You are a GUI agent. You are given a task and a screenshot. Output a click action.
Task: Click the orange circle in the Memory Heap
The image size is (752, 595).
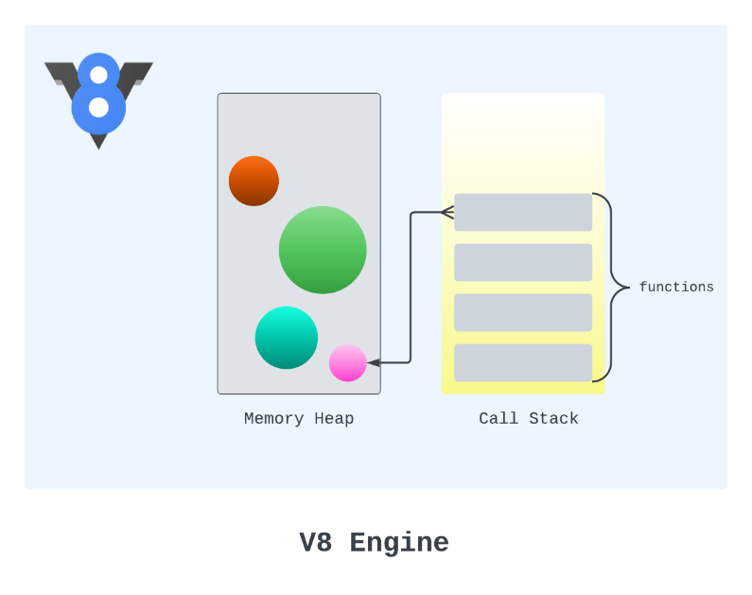pyautogui.click(x=254, y=181)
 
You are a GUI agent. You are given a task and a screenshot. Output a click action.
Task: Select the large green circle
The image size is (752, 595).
pyautogui.click(x=323, y=250)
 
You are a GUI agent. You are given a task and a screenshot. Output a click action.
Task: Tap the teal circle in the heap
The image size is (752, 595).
pyautogui.click(x=287, y=338)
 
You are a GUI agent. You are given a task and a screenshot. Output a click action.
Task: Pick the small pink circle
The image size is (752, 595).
pyautogui.click(x=348, y=363)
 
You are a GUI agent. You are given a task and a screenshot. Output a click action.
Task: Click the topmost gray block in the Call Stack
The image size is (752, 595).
pyautogui.click(x=523, y=213)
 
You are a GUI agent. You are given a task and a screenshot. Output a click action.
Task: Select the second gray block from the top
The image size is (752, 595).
pyautogui.click(x=523, y=262)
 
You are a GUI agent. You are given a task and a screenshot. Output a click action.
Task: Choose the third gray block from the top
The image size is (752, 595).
pyautogui.click(x=523, y=312)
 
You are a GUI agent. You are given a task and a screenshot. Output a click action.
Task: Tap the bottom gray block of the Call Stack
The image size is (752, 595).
pyautogui.click(x=523, y=362)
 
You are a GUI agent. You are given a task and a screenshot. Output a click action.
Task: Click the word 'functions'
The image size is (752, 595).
pyautogui.click(x=676, y=288)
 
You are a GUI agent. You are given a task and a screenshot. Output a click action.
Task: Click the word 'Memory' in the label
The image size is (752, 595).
pyautogui.click(x=274, y=418)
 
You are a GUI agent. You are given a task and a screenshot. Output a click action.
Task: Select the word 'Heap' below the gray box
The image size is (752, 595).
pyautogui.click(x=334, y=418)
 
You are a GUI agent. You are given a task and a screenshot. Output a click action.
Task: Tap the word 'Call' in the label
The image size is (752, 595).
pyautogui.click(x=498, y=418)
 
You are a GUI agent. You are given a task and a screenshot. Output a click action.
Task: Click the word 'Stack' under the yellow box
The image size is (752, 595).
pyautogui.click(x=553, y=418)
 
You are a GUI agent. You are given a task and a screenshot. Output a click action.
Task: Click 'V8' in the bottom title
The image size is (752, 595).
pyautogui.click(x=316, y=542)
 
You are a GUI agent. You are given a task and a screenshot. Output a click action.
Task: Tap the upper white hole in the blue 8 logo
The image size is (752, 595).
pyautogui.click(x=98, y=75)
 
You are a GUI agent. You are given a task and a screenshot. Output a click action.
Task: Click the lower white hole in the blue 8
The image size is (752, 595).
pyautogui.click(x=98, y=107)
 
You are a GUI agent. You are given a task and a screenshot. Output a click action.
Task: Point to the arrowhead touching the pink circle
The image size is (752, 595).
pyautogui.click(x=374, y=363)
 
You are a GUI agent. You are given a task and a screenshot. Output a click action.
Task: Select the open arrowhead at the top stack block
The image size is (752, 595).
pyautogui.click(x=447, y=213)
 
